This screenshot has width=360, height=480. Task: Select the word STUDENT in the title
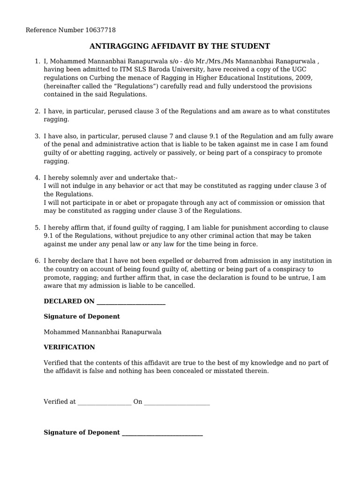[x=252, y=46]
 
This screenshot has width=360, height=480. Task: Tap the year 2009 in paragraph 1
[x=303, y=78]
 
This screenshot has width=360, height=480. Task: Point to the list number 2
[x=37, y=111]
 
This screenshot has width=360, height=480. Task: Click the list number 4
[x=37, y=177]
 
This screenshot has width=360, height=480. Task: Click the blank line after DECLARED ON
[x=130, y=301]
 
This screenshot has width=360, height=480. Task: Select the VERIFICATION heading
[x=69, y=347]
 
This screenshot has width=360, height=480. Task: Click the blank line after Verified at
[x=105, y=402]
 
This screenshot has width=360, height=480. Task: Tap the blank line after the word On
[x=177, y=402]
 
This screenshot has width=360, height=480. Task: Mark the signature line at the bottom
[x=162, y=433]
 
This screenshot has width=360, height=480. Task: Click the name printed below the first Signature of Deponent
[x=102, y=332]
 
